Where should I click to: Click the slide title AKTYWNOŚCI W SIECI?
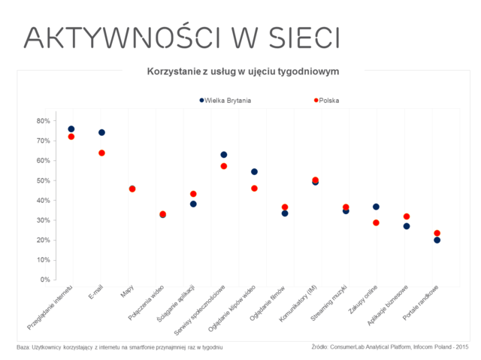coord(181,37)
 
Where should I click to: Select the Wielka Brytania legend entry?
coord(225,100)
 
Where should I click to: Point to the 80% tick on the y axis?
coord(43,121)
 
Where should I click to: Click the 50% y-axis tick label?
coord(43,180)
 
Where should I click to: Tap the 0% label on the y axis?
coord(45,280)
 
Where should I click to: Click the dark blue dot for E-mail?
coord(101,132)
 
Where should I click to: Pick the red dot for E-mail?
coord(101,153)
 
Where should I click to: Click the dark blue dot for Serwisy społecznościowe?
coord(223,155)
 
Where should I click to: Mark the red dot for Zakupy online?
coord(376,222)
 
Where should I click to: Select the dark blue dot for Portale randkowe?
coord(437,241)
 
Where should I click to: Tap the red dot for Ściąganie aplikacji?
coord(193,194)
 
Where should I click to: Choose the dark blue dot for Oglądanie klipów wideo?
coord(254,172)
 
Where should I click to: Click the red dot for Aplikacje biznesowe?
coord(407,216)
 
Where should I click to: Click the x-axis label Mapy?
coord(128,292)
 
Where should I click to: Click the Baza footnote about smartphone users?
coord(120,347)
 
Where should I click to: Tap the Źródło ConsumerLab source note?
coord(389,347)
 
